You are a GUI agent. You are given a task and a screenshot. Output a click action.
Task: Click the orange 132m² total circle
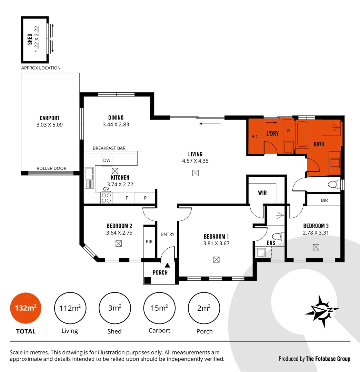click(26, 308)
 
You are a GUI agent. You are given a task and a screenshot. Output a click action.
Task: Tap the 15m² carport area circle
click(159, 308)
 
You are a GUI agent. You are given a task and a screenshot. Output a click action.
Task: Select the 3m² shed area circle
click(115, 308)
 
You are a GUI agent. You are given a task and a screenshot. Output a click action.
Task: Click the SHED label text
click(30, 39)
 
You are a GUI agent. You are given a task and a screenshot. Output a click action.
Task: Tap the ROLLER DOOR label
click(51, 168)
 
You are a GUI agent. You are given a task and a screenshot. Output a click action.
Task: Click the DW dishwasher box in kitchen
click(107, 160)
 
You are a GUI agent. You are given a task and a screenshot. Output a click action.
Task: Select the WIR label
click(262, 193)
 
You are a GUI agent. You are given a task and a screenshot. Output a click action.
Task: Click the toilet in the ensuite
click(277, 237)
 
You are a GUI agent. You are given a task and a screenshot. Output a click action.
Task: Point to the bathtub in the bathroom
click(302, 134)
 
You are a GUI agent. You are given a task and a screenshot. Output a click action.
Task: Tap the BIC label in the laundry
click(255, 137)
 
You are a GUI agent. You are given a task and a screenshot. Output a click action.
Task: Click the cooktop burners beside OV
click(106, 198)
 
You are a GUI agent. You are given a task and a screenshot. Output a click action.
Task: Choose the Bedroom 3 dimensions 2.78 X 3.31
click(316, 232)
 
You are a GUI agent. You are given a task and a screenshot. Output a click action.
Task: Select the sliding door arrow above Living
click(210, 123)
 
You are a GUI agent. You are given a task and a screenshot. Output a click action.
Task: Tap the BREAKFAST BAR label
click(109, 148)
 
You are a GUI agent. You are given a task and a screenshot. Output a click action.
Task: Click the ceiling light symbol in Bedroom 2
click(119, 244)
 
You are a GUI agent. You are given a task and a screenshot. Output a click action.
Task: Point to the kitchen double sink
click(89, 177)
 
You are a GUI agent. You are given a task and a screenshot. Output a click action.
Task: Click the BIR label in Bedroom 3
click(324, 200)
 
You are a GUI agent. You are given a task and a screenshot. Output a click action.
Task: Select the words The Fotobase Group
click(328, 359)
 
